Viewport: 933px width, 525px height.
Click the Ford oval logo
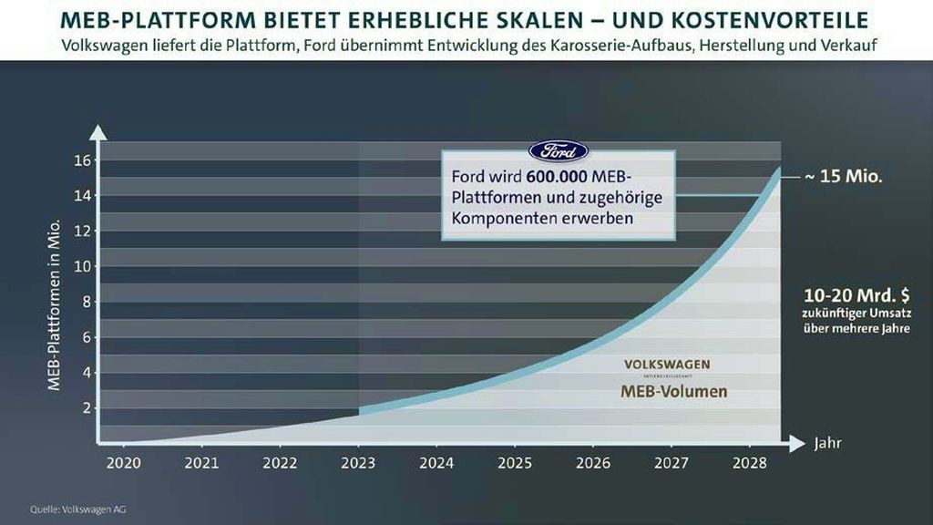pyautogui.click(x=559, y=151)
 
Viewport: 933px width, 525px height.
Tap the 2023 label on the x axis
pyautogui.click(x=358, y=463)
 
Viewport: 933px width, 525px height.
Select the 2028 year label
pyautogui.click(x=750, y=463)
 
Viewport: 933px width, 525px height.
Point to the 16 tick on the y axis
pyautogui.click(x=83, y=160)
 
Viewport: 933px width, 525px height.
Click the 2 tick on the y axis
pyautogui.click(x=87, y=408)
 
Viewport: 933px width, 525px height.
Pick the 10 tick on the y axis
pyautogui.click(x=83, y=267)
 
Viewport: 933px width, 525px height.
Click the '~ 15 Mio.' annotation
pyautogui.click(x=843, y=176)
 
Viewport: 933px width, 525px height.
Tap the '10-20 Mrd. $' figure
pyautogui.click(x=856, y=295)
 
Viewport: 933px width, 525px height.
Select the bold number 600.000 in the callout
pyautogui.click(x=557, y=177)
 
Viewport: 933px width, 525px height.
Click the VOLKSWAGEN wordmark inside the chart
pyautogui.click(x=667, y=365)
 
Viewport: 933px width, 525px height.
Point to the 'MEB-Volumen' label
pyautogui.click(x=673, y=391)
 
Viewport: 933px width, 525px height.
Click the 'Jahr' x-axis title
pyautogui.click(x=827, y=444)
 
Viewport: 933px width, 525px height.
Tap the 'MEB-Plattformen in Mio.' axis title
pyautogui.click(x=54, y=304)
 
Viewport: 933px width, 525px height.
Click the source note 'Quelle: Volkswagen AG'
pyautogui.click(x=78, y=510)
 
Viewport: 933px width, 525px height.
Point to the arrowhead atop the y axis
pyautogui.click(x=98, y=133)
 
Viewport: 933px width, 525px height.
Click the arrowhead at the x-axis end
pyautogui.click(x=797, y=444)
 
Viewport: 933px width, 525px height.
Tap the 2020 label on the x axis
pyautogui.click(x=124, y=463)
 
